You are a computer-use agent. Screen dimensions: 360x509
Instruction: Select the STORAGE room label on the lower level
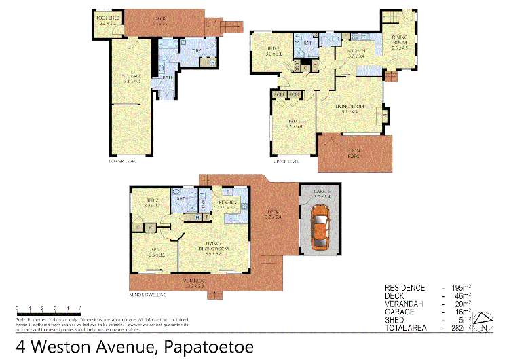click(x=131, y=75)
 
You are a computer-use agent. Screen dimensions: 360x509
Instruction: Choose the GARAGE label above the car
click(x=322, y=192)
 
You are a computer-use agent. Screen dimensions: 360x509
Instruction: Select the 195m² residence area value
click(x=461, y=287)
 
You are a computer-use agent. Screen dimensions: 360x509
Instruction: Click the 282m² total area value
click(x=461, y=328)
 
